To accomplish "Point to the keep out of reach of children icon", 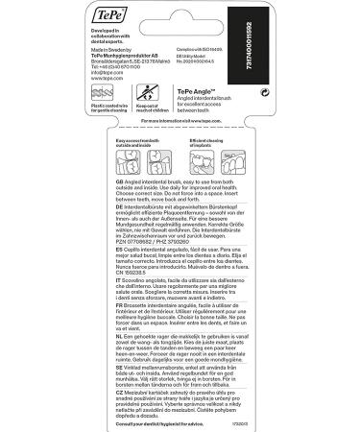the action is point(148,93).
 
